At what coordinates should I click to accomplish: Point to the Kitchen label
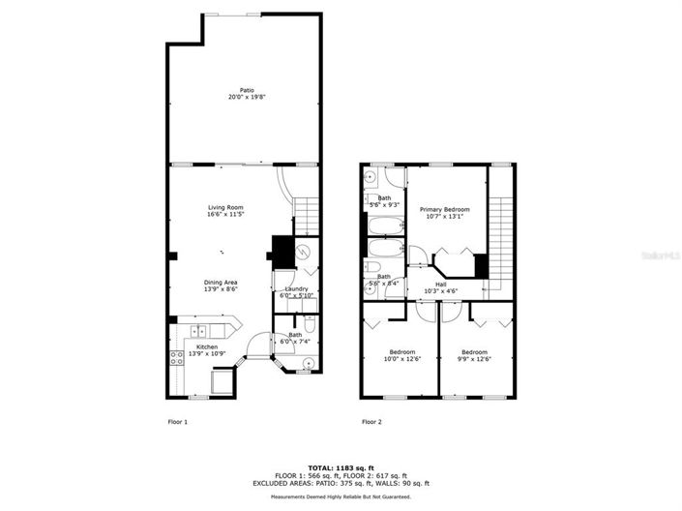point(207,346)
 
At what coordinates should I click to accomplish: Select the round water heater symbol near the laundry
point(302,254)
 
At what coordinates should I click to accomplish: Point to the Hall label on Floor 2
point(441,285)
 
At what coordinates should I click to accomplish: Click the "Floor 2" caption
point(371,422)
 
